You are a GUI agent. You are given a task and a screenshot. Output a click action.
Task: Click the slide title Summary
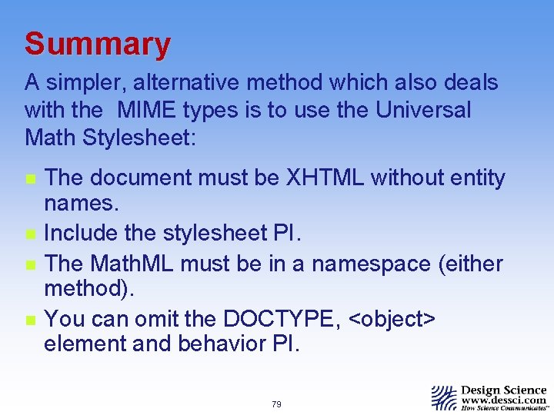97,45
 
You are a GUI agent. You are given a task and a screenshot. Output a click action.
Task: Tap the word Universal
423,110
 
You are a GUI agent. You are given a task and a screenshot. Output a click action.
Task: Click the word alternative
202,82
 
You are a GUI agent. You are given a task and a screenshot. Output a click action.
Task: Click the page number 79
276,404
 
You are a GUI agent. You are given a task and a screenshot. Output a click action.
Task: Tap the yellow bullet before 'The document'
29,179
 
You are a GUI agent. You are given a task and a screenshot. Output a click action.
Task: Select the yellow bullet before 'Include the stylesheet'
29,231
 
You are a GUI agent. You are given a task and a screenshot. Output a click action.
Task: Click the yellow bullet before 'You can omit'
29,317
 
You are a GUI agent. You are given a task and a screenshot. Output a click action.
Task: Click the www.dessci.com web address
504,400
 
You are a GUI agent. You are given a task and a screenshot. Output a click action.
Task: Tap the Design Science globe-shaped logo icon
444,397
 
